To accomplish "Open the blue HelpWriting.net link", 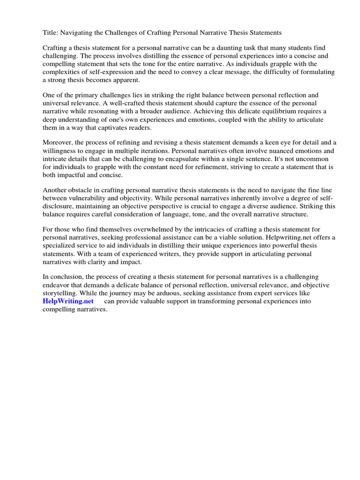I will pyautogui.click(x=68, y=301).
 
